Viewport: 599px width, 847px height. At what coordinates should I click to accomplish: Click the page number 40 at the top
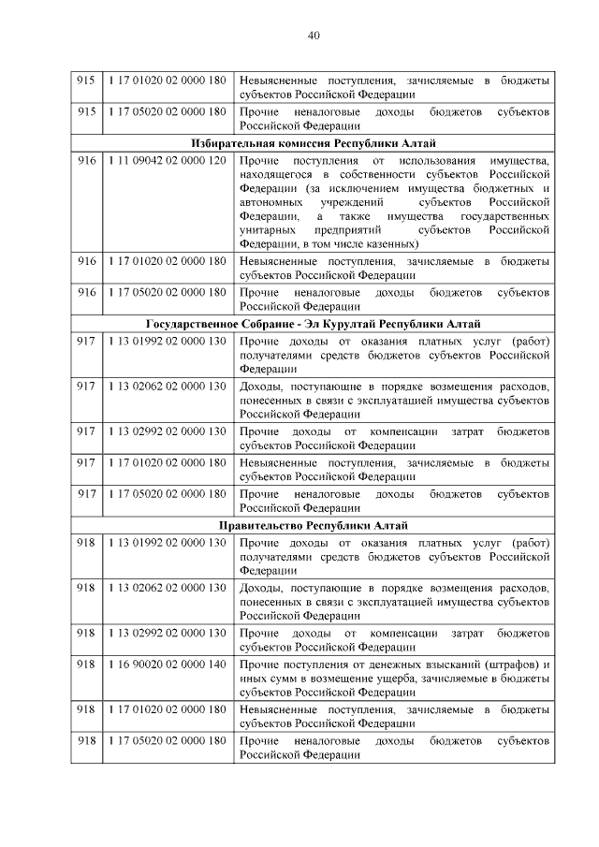click(x=314, y=37)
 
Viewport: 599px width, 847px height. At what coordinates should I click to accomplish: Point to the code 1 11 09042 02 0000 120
click(x=166, y=162)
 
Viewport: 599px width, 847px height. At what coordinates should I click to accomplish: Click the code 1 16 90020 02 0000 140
click(x=166, y=664)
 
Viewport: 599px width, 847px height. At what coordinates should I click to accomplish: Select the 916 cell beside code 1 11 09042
click(x=86, y=162)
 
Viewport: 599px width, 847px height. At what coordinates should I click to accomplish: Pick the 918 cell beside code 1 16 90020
click(x=86, y=664)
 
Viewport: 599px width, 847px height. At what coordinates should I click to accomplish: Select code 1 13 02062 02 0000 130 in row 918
click(x=166, y=589)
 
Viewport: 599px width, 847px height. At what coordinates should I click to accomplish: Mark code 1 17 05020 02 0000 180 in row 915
click(x=166, y=111)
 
